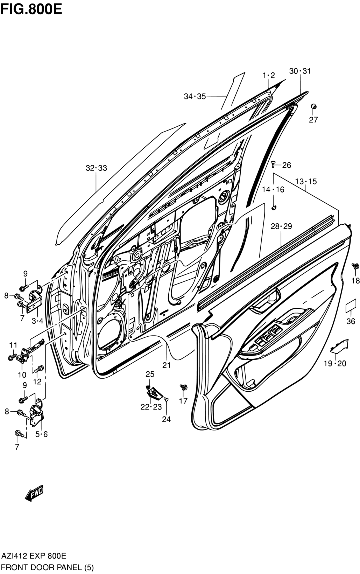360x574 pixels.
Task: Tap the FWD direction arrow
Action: [34, 492]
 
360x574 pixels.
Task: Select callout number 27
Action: [313, 120]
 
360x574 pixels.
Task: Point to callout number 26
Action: [287, 165]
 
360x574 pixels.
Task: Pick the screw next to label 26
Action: [273, 164]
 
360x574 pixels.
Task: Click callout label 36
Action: [351, 321]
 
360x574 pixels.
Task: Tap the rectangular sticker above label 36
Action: [351, 306]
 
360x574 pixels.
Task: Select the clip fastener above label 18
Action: [355, 266]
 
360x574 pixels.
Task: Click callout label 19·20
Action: [334, 363]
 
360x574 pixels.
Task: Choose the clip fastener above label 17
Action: [183, 387]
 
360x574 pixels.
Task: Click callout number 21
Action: [166, 365]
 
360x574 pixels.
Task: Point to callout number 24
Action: [166, 419]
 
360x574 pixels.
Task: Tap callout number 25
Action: [150, 374]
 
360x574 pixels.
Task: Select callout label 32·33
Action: [96, 168]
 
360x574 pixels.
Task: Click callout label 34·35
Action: [195, 96]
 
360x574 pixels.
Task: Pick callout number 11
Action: [13, 345]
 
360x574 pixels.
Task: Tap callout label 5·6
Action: [42, 434]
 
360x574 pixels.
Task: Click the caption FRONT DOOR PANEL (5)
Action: [48, 567]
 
